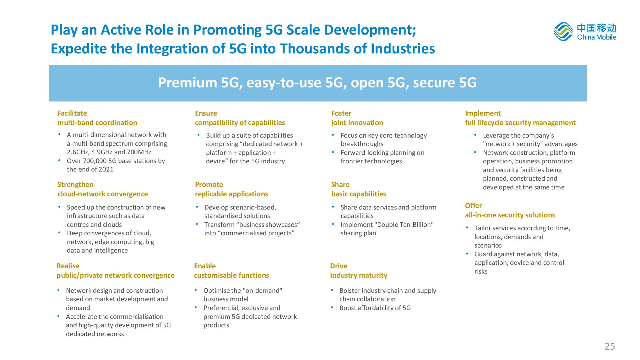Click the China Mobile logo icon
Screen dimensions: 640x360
(563, 31)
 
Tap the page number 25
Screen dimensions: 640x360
(610, 346)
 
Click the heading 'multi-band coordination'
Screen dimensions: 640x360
(97, 123)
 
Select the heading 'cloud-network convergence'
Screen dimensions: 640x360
(103, 194)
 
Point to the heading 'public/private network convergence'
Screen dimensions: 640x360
(116, 275)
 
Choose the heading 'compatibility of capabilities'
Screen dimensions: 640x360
(240, 123)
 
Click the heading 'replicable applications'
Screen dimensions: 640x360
(231, 194)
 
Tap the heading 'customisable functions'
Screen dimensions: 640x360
(231, 275)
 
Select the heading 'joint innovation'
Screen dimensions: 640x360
(357, 123)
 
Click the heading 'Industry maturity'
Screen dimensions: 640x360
(359, 275)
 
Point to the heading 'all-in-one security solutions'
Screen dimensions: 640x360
(510, 215)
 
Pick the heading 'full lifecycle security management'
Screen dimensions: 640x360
(520, 123)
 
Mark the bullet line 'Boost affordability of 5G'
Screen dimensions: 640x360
(375, 308)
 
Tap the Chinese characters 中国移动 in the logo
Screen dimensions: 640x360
(597, 28)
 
